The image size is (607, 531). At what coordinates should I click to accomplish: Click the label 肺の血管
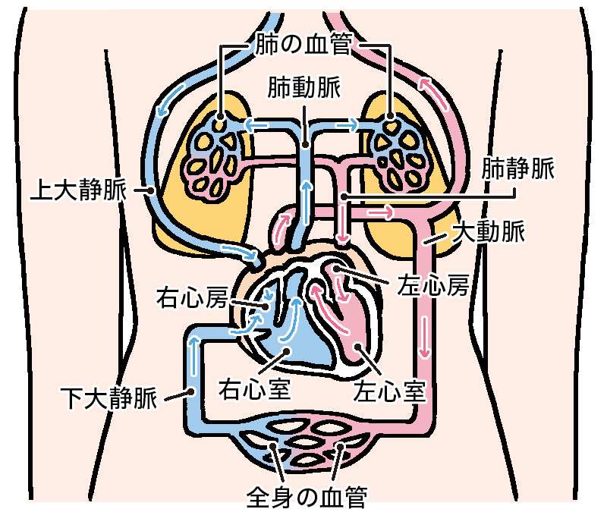point(304,43)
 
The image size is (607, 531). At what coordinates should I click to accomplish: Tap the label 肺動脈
point(304,88)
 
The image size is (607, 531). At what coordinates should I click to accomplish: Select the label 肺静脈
point(518,168)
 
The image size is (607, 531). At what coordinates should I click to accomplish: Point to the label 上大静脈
point(79,190)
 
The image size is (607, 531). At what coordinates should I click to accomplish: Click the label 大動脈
point(489,231)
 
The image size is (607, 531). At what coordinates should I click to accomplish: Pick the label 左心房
point(433,286)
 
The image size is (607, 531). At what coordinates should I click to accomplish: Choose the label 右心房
point(192,297)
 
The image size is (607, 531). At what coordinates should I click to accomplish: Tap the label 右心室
point(254,389)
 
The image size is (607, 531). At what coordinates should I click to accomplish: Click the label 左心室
point(390,391)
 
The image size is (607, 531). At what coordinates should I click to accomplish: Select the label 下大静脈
point(109,397)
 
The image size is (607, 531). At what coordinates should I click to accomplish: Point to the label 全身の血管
point(307,497)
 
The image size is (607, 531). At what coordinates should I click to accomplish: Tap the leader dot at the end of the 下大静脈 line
point(190,391)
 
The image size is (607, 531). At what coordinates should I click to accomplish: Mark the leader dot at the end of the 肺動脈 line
point(305,145)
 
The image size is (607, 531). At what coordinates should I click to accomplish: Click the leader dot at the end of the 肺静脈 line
point(344,197)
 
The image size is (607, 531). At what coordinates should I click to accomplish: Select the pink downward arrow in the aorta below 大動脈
point(425,337)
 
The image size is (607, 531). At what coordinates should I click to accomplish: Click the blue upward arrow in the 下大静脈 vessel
point(193,357)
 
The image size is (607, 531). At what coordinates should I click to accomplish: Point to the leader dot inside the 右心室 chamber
point(287,350)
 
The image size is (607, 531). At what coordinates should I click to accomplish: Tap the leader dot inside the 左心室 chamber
point(358,346)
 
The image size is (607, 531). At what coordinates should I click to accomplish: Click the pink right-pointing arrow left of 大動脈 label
point(380,212)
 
